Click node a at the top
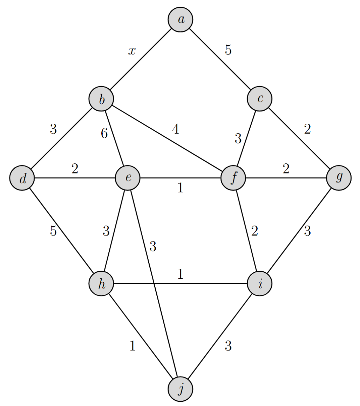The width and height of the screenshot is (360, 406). coord(181,20)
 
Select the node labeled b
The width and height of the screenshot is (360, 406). coord(101,99)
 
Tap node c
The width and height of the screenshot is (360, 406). coord(260,99)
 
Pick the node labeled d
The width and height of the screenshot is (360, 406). coord(22,178)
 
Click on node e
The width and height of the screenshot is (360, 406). coord(128,178)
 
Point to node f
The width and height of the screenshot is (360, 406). coord(233,178)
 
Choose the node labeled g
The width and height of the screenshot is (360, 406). coord(339,178)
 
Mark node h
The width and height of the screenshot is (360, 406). coord(101,284)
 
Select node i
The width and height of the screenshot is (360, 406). coord(260,284)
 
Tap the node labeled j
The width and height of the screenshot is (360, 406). coord(181,389)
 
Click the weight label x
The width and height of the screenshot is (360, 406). coord(132,51)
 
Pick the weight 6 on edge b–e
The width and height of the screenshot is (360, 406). coord(104,134)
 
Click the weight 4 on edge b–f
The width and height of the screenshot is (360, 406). coord(175,130)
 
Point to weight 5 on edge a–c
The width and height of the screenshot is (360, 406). coord(228,50)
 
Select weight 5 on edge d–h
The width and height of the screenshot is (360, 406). coord(53,231)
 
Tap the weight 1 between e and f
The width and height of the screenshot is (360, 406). coord(180,188)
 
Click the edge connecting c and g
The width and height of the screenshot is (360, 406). coord(299,138)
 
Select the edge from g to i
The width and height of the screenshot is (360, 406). coord(299,231)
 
